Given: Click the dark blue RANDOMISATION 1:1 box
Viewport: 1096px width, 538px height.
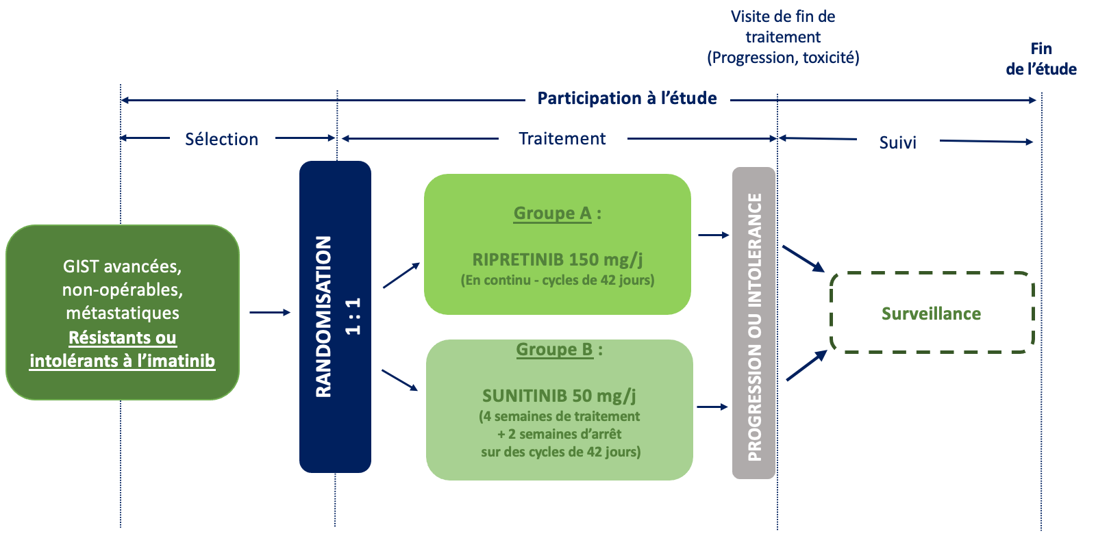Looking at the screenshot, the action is [x=335, y=316].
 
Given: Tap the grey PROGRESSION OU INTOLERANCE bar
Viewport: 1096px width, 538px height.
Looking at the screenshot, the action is [x=754, y=323].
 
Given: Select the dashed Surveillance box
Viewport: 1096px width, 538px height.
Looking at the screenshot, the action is [x=932, y=313].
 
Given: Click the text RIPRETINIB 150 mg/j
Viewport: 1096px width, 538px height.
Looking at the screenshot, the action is [x=558, y=259].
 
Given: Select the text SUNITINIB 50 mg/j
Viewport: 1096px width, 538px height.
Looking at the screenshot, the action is [x=559, y=395].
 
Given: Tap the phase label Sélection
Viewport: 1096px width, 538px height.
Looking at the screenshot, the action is [x=222, y=140].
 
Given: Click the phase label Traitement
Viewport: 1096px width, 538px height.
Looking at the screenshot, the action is [x=562, y=138].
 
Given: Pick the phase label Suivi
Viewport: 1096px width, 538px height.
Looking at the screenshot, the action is [x=897, y=142].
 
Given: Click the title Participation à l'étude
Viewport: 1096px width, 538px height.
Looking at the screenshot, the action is [x=627, y=99].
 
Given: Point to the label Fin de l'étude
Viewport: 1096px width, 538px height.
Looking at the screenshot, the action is [x=1041, y=59].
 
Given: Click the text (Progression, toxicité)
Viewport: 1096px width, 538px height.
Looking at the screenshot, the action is [x=783, y=57].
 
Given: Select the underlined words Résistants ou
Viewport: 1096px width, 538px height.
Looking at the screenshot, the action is [x=123, y=337].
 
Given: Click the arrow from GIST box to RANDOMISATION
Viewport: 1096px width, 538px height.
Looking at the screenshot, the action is [x=270, y=312].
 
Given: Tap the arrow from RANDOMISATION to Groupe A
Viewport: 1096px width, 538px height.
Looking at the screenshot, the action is [x=401, y=275].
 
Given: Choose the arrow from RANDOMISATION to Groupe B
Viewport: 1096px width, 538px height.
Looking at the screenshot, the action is [x=400, y=381].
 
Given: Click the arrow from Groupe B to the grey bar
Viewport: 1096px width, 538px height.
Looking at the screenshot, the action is [x=712, y=407].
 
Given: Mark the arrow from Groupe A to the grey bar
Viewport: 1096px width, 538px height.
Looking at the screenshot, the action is [x=713, y=235].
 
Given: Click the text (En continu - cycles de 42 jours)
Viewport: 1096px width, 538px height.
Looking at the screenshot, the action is [x=558, y=280].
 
